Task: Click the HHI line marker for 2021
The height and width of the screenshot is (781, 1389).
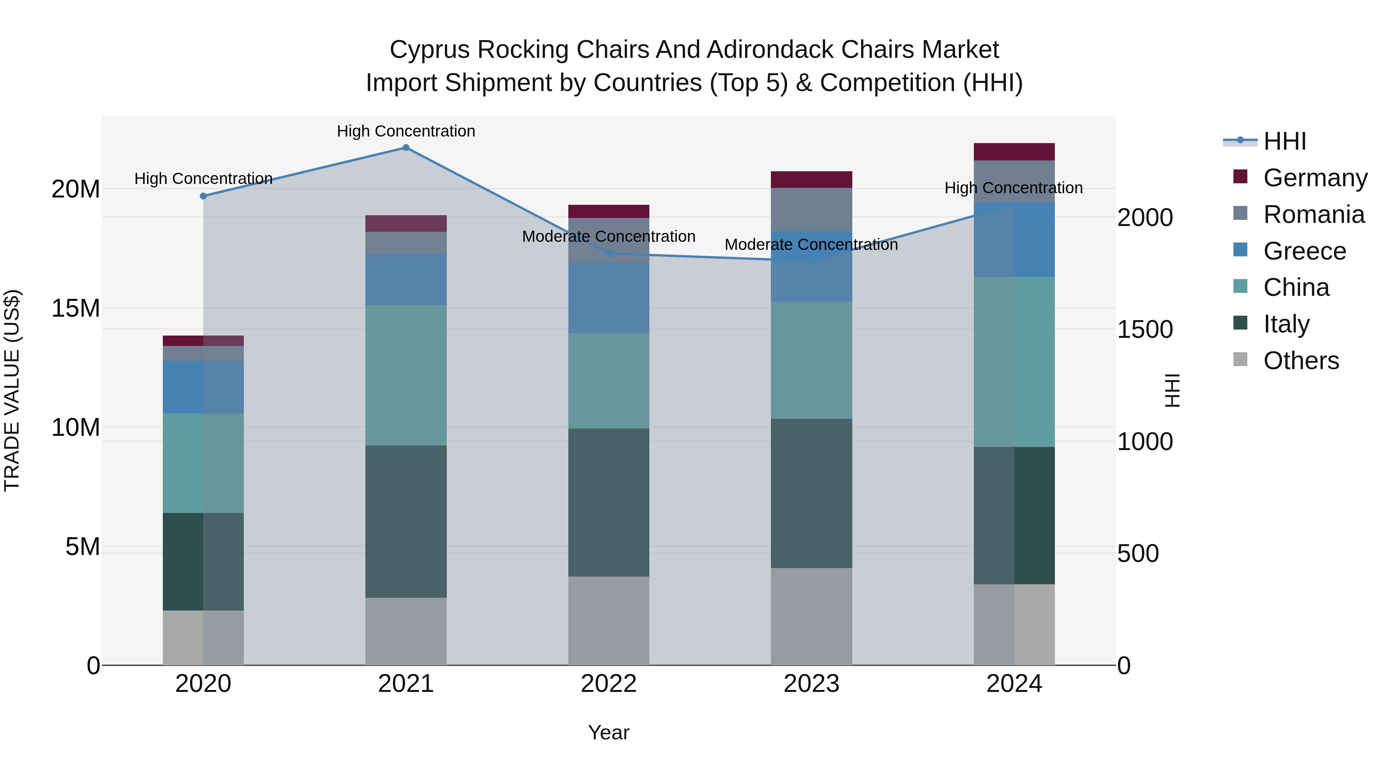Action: point(406,148)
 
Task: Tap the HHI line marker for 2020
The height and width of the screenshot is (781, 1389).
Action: point(203,196)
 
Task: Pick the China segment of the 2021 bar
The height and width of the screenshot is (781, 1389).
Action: point(406,375)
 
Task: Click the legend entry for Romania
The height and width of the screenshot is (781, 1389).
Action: point(1313,214)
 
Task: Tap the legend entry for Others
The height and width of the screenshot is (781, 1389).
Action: point(1301,361)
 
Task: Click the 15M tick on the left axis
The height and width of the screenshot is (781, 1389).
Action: point(76,308)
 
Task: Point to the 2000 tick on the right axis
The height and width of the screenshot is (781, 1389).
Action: point(1145,218)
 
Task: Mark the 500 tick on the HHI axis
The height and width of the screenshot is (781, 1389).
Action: point(1138,553)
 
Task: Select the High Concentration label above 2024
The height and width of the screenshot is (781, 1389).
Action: point(1013,188)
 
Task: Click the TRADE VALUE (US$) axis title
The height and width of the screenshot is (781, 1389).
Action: point(12,390)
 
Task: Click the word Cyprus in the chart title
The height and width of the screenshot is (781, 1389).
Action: point(429,50)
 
